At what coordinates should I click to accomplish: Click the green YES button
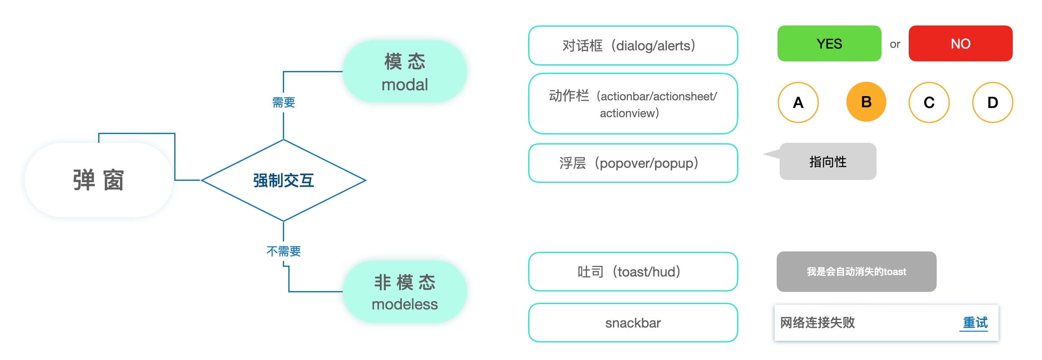829,43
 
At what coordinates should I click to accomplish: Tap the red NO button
960,43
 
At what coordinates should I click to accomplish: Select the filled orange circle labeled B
866,102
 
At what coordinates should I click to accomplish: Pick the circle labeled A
798,102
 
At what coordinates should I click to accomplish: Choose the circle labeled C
929,102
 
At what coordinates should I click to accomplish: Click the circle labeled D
992,102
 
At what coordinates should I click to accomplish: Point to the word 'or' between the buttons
895,44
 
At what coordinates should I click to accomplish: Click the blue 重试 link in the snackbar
975,323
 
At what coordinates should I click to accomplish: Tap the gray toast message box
856,271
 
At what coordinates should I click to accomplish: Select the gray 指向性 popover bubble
828,162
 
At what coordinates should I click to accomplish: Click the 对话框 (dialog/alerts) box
633,46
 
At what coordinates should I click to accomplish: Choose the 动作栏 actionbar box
633,104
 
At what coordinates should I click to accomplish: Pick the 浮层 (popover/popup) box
633,163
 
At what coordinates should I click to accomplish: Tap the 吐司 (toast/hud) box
633,272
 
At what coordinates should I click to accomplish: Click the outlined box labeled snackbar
633,323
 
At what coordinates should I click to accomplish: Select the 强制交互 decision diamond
283,180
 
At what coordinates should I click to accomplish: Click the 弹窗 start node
99,180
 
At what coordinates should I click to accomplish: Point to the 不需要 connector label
284,251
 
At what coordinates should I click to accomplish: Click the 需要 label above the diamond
284,102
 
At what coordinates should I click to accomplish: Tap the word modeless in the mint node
404,304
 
